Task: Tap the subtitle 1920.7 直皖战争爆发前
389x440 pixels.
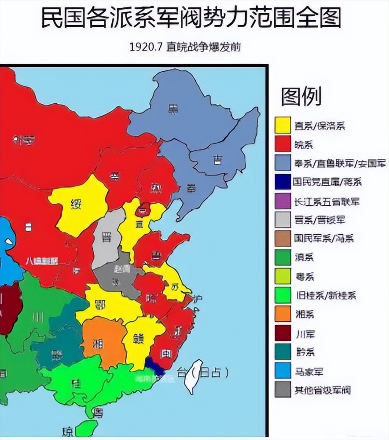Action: (x=185, y=47)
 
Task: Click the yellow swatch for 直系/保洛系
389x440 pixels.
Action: (x=283, y=125)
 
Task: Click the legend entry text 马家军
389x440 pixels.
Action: (x=308, y=371)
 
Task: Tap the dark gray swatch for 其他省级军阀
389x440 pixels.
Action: (x=283, y=390)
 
